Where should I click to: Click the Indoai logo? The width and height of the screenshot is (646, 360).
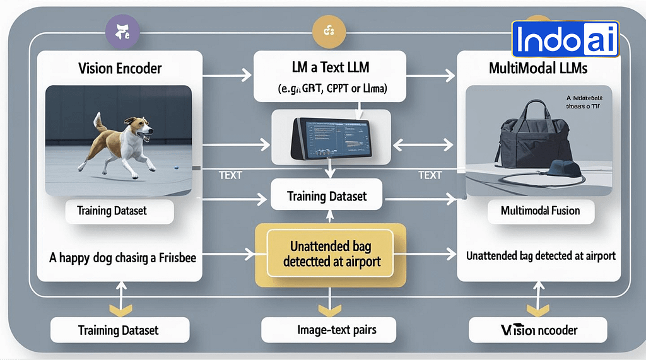point(565,39)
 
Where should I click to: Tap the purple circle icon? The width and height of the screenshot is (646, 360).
point(120,30)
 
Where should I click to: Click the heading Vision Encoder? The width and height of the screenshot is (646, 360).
point(119,67)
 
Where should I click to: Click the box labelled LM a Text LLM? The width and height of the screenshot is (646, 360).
point(329,76)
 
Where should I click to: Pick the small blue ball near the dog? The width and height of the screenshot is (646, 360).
point(175,167)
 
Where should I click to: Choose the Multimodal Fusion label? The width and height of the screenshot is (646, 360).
point(540,211)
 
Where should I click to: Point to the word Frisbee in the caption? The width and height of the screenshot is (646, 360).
point(178,257)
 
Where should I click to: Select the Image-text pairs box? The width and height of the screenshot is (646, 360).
point(328,329)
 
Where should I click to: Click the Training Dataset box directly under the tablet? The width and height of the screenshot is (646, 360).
point(327,196)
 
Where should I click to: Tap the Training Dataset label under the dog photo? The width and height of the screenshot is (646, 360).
point(112,211)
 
